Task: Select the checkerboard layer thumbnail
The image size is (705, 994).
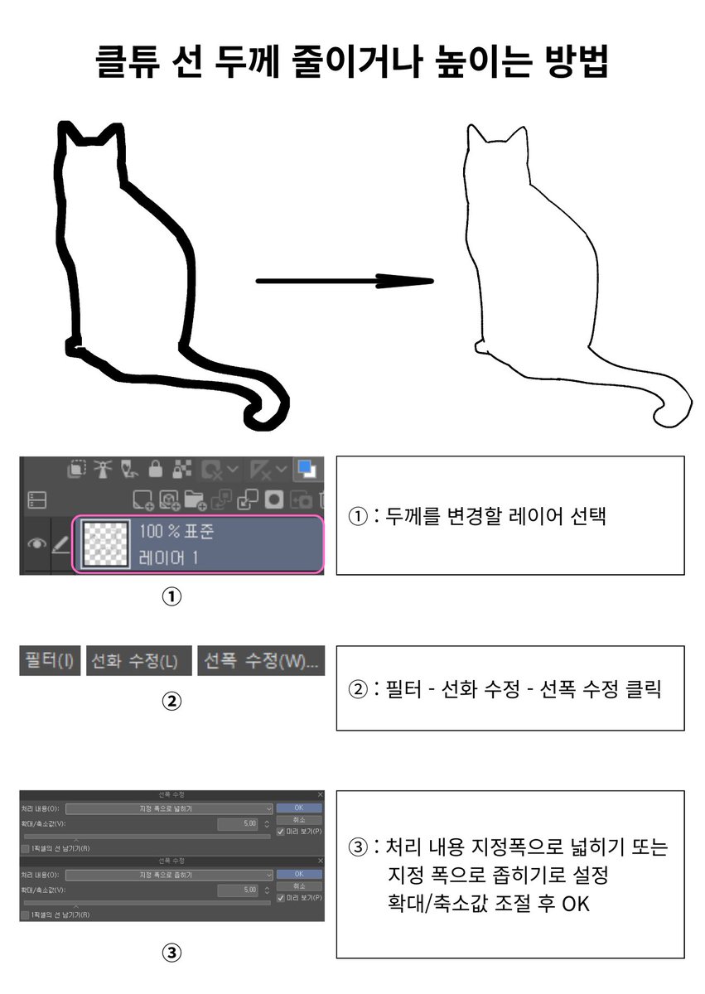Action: coord(105,543)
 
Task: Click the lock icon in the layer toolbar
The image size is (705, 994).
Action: coord(155,469)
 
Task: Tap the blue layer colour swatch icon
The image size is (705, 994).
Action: coord(307,469)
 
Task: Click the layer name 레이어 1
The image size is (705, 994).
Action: coord(168,557)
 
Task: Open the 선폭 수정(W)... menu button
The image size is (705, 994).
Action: coord(260,661)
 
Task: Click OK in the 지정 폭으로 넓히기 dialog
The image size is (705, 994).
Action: coord(298,808)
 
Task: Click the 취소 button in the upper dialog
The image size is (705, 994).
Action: coord(298,819)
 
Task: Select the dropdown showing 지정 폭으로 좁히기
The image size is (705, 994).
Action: coord(169,875)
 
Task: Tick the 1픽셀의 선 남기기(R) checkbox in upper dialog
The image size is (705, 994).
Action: coord(25,848)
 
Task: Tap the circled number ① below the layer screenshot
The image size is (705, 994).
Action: coord(171,596)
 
